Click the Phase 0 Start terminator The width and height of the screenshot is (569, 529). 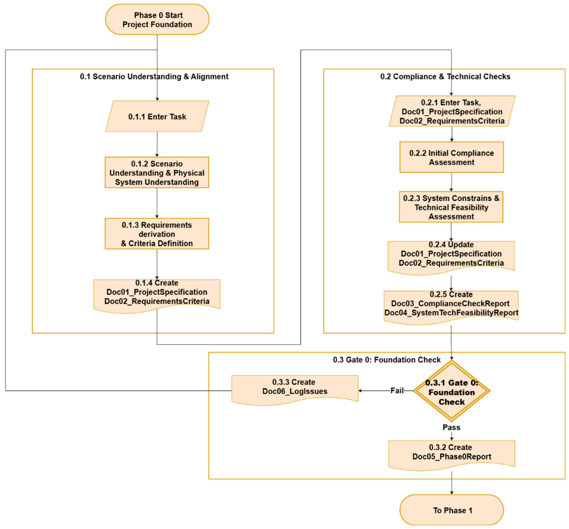[157, 19]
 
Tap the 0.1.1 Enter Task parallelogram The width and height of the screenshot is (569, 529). [157, 116]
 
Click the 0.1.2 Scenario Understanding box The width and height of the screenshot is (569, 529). [157, 173]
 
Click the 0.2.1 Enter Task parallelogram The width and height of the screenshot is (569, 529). [452, 111]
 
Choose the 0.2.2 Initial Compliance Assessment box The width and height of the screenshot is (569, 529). [451, 157]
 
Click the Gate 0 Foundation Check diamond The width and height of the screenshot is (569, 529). [451, 391]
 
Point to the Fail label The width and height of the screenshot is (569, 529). [397, 391]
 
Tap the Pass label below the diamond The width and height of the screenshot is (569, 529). [451, 427]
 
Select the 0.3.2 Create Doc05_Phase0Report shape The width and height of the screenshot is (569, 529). [451, 454]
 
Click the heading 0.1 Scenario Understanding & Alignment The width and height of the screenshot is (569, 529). [154, 77]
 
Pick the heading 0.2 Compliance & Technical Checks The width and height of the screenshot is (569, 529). [445, 77]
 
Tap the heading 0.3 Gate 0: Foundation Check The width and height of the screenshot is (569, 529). [387, 360]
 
